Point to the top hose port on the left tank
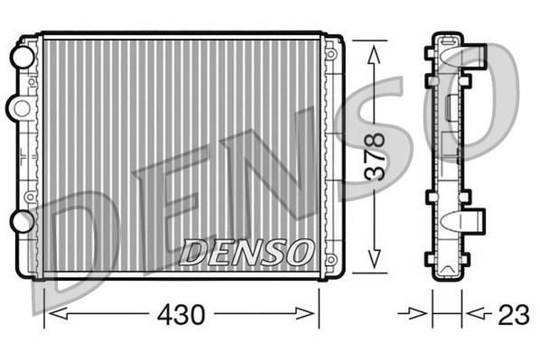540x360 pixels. click(19, 56)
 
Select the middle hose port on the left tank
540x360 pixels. click(18, 107)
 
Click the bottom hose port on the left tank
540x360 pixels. click(19, 221)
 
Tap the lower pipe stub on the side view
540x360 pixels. click(474, 220)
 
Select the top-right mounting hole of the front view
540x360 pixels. click(331, 55)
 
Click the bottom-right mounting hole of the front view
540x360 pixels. click(331, 254)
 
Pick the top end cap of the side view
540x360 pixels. click(447, 41)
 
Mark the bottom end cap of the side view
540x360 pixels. click(446, 268)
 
